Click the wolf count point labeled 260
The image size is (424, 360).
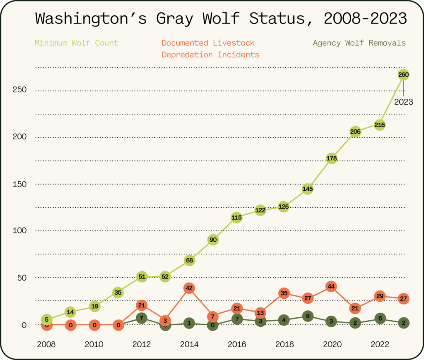[x=403, y=74]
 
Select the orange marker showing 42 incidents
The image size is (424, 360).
[x=189, y=288]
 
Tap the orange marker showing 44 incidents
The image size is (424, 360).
[x=331, y=286]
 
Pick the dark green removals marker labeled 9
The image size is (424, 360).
[x=308, y=316]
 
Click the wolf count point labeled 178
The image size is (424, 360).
[x=332, y=158]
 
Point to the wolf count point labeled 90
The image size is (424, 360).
[x=213, y=240]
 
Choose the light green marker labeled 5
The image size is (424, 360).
[x=47, y=320]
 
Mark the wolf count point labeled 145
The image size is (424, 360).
[x=308, y=189]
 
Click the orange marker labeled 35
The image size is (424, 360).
[x=284, y=293]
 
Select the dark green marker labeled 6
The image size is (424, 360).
[x=380, y=318]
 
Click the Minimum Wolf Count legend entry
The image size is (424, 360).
[x=77, y=43]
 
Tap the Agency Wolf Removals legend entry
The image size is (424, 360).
[x=359, y=43]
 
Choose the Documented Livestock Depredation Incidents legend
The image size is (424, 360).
[x=210, y=49]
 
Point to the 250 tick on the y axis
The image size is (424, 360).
[x=19, y=90]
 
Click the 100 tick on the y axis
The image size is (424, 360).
[x=19, y=230]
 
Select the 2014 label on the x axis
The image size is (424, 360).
[x=189, y=344]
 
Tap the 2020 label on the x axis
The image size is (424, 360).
[x=332, y=344]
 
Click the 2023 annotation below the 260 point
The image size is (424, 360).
[x=403, y=102]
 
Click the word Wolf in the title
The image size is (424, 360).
[x=221, y=19]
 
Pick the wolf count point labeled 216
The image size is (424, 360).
[x=380, y=125]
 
